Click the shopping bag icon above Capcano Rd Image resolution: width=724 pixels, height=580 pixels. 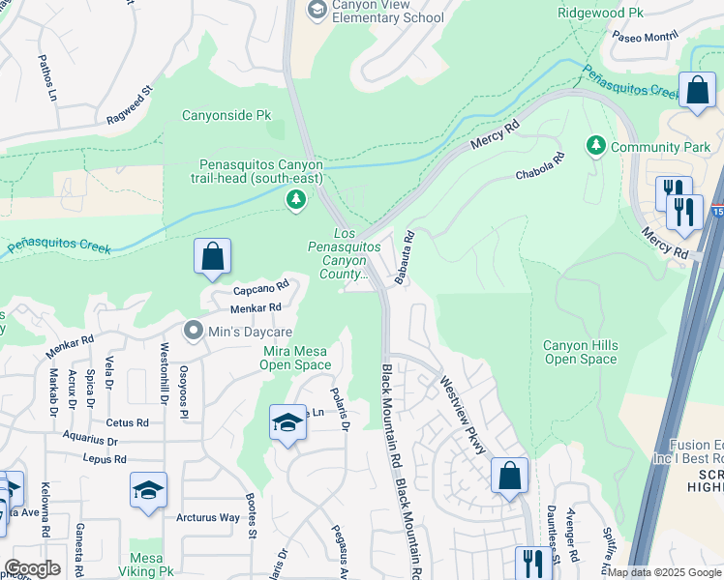click(212, 257)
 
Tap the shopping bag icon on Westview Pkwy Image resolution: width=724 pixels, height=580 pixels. click(509, 477)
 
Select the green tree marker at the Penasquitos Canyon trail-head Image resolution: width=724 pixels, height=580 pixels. click(296, 200)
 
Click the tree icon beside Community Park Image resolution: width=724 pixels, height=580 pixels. click(596, 146)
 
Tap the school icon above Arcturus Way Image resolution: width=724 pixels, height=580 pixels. click(148, 491)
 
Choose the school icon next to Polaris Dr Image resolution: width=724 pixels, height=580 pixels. click(287, 423)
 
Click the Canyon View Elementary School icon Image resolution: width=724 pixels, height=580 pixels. click(317, 10)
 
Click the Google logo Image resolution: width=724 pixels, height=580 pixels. click(31, 568)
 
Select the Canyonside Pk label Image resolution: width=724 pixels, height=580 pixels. click(226, 115)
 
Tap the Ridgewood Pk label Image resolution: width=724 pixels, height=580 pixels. click(601, 13)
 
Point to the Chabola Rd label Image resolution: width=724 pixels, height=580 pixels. click(539, 167)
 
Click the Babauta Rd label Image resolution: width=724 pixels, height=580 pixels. click(405, 257)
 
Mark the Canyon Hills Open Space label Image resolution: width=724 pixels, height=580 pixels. click(580, 352)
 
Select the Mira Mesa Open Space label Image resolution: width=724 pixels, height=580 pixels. click(295, 357)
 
